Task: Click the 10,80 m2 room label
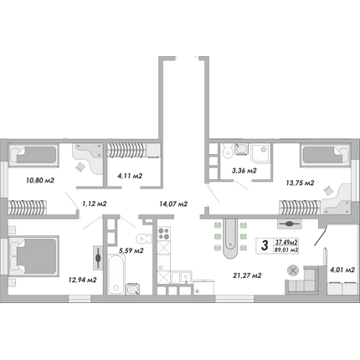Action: (x=40, y=181)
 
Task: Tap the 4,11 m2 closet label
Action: (x=130, y=176)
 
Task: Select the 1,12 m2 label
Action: (x=95, y=204)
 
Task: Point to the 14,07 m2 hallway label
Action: (x=173, y=204)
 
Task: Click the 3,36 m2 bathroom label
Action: (x=244, y=171)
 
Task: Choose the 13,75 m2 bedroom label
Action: (x=300, y=183)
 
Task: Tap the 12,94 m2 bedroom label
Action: (x=83, y=280)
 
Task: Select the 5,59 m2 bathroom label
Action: (x=131, y=251)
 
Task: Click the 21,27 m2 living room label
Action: (x=247, y=275)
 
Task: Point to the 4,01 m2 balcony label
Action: (x=342, y=270)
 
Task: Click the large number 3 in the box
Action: (x=265, y=245)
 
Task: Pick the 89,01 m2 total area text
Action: (x=286, y=250)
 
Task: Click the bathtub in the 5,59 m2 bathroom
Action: (x=116, y=274)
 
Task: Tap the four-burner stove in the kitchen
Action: (x=163, y=234)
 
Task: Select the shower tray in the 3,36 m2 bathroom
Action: (x=260, y=153)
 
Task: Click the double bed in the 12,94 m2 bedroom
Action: (x=33, y=257)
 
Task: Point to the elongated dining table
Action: (x=231, y=239)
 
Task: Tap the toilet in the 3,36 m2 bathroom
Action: (x=228, y=151)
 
